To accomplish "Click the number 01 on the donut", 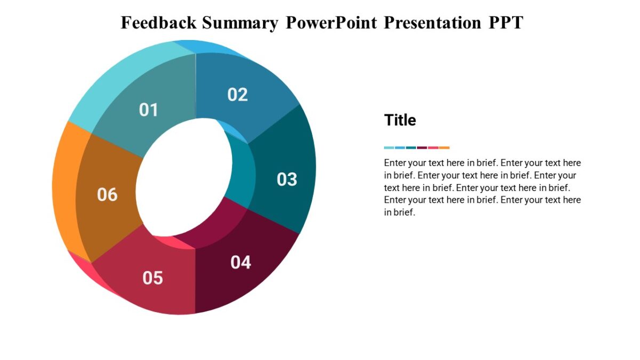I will [149, 110].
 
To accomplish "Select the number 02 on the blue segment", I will [237, 94].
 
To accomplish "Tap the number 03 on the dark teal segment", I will [286, 179].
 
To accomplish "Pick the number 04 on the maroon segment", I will [241, 262].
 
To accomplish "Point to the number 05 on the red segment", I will [153, 278].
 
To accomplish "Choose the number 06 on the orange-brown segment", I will [107, 195].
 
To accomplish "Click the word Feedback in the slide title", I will [158, 23].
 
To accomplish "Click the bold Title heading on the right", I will [400, 121].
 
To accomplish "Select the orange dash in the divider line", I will [444, 148].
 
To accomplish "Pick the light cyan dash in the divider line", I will [389, 148].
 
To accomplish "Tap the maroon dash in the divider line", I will [422, 148].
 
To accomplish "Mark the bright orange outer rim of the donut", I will [64, 181].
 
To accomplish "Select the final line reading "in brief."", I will [399, 212].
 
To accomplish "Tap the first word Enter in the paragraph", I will [395, 163].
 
